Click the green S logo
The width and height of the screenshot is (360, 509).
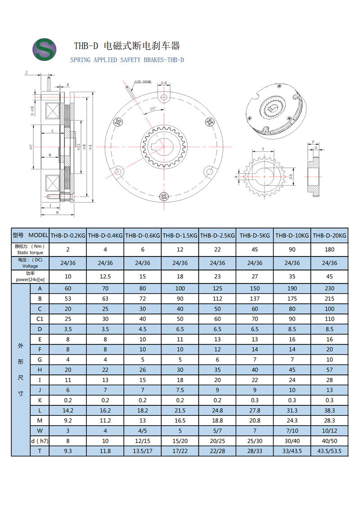44,49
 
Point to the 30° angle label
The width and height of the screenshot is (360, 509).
153,109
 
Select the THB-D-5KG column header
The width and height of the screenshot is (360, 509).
255,235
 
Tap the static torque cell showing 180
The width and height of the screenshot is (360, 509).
329,249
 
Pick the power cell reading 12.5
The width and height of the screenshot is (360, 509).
105,276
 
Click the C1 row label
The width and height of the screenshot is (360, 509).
40,319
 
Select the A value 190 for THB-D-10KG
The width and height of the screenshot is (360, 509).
292,288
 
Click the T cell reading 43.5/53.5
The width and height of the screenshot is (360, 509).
329,450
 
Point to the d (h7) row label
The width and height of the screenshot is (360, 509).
40,441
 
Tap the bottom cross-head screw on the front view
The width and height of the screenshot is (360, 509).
164,196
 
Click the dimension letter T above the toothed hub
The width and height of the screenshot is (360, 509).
263,149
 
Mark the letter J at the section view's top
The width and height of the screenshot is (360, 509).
27,72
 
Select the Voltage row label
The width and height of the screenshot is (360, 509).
30,263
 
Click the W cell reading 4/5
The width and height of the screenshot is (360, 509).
142,431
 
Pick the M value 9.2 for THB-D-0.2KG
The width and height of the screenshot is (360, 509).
67,420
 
